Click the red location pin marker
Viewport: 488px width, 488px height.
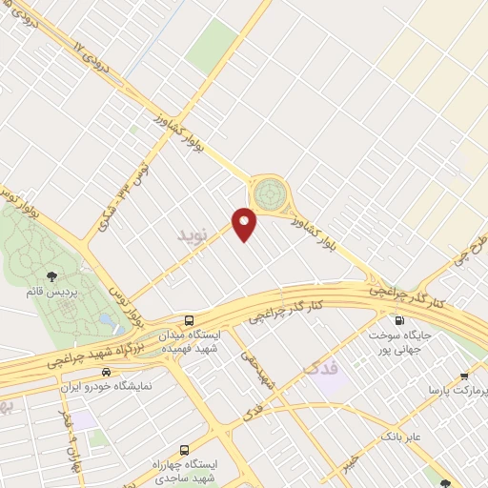[245, 223]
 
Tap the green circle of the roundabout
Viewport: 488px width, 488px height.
[271, 194]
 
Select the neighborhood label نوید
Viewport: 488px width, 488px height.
[192, 233]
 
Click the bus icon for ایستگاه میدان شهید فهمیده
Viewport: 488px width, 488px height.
[189, 320]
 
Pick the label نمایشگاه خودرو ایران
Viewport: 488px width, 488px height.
[106, 387]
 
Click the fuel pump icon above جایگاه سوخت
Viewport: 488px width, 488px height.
[398, 320]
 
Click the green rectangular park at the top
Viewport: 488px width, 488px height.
[212, 46]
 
